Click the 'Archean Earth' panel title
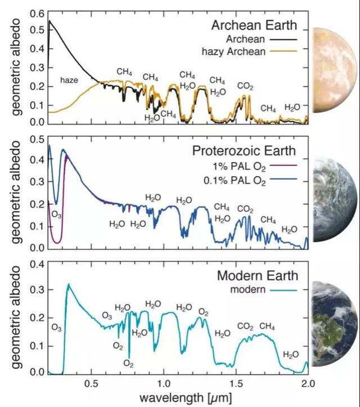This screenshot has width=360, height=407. (x=253, y=26)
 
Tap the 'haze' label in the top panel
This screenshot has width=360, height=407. (x=69, y=80)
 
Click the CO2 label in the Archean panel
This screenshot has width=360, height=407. (x=245, y=86)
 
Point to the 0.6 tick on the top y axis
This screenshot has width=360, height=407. (x=36, y=12)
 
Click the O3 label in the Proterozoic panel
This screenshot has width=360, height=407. (x=57, y=214)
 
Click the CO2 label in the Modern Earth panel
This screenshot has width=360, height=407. (x=245, y=327)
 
